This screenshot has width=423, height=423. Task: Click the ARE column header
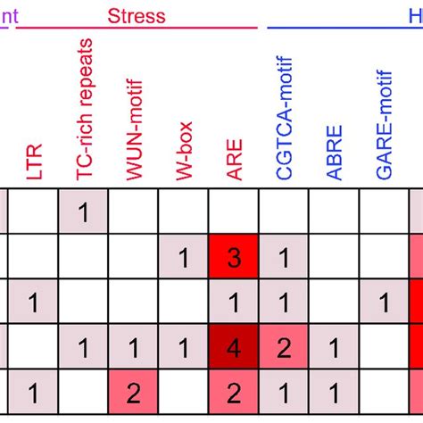tap(234, 164)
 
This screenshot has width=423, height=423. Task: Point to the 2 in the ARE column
tap(234, 391)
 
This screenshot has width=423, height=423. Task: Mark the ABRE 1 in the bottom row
tap(334, 391)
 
